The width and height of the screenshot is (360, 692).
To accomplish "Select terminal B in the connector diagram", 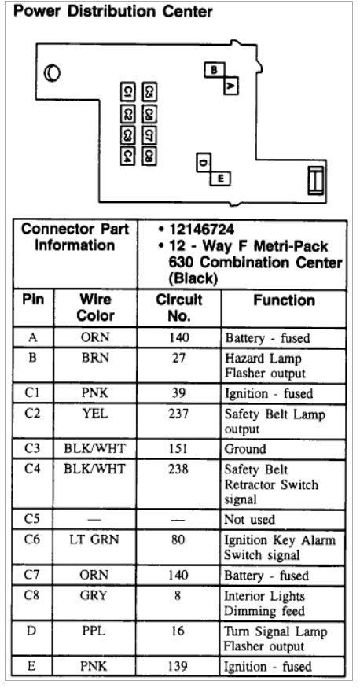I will [x=213, y=70].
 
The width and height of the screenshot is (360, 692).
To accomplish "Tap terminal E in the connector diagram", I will [x=221, y=179].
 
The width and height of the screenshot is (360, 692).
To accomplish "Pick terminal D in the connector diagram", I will [x=204, y=163].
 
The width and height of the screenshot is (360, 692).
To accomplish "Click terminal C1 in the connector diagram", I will [x=127, y=93].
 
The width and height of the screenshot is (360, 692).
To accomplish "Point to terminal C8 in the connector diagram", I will [x=148, y=155].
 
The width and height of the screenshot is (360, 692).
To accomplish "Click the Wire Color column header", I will [x=94, y=307].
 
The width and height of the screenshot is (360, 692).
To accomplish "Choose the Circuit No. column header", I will [x=179, y=307].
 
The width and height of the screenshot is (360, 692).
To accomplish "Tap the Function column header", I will [x=284, y=300].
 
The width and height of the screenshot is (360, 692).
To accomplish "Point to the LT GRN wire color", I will [x=94, y=539].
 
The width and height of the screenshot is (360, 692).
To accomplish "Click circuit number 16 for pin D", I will [x=179, y=631].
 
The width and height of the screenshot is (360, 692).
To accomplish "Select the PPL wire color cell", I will [x=94, y=631].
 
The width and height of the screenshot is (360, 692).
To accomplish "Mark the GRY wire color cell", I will [x=94, y=595].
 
